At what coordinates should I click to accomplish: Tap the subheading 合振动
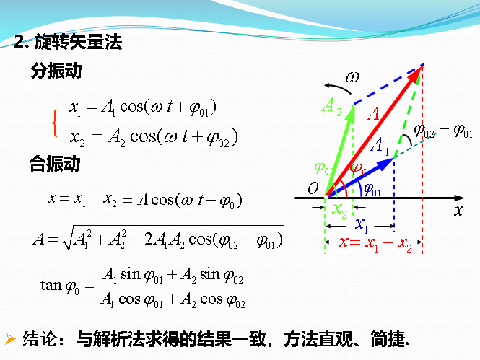(54, 164)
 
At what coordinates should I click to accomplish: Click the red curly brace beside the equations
(55, 122)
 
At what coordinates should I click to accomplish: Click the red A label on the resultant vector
(374, 113)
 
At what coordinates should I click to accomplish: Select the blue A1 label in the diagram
(380, 146)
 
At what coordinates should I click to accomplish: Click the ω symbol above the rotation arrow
(352, 76)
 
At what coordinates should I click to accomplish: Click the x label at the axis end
(458, 211)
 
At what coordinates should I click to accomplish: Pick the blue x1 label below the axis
(362, 225)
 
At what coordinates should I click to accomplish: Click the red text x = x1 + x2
(375, 244)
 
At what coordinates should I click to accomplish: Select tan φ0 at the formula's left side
(61, 285)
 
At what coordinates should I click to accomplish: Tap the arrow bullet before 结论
(10, 337)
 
